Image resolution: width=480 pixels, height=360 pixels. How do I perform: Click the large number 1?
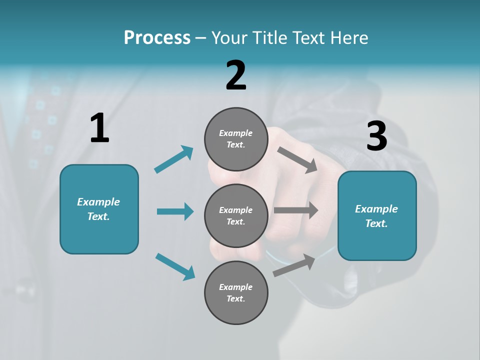99,128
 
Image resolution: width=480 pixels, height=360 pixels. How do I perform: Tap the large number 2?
236,75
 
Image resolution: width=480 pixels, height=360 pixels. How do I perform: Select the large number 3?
376,136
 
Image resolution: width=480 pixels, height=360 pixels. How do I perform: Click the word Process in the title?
157,37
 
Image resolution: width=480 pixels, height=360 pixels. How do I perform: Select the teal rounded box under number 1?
99,209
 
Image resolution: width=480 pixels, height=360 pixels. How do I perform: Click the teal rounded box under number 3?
377,215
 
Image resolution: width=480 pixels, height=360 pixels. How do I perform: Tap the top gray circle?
236,139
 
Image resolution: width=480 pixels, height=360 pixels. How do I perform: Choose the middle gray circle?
236,215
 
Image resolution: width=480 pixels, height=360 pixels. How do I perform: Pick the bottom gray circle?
236,292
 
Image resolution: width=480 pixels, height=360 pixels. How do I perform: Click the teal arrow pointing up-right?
174,159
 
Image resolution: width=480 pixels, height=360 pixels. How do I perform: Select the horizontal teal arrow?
175,211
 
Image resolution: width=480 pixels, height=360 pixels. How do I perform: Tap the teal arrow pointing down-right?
175,266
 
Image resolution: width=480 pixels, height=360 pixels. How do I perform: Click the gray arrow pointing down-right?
297,159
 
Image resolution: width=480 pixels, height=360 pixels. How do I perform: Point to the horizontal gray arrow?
296,210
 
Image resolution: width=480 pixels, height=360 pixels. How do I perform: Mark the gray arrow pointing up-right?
294,265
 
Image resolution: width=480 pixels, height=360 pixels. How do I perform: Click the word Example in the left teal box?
98,202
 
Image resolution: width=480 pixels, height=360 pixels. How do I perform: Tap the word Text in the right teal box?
376,223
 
